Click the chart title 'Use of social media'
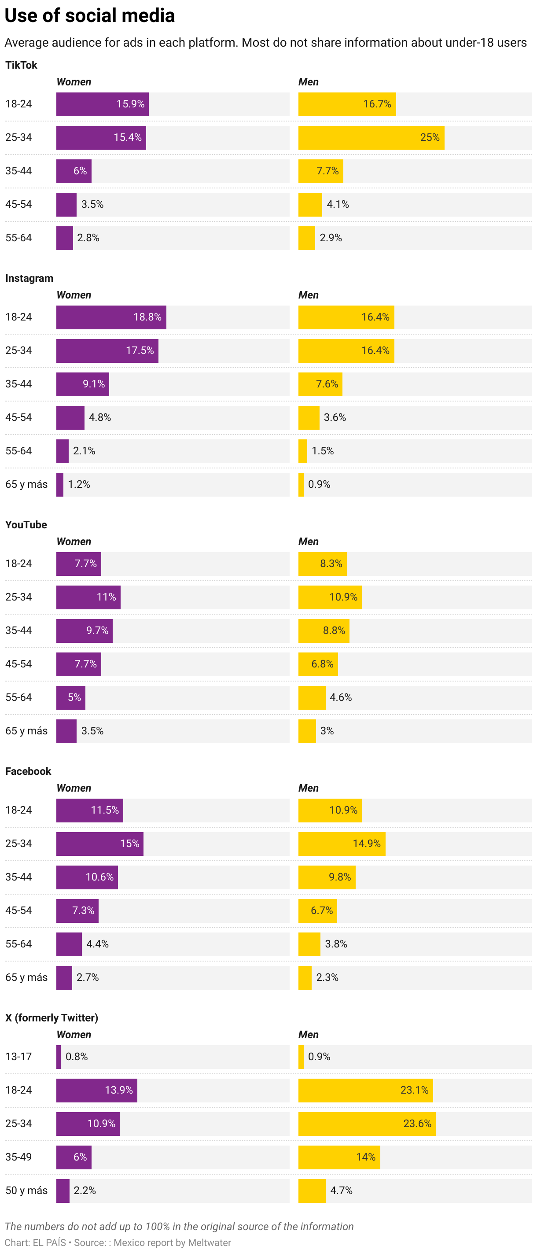click(89, 15)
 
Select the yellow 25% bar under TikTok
click(371, 138)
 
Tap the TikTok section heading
click(22, 65)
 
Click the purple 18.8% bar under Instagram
click(111, 317)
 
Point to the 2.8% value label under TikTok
click(88, 238)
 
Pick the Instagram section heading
click(29, 278)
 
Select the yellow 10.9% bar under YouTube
click(330, 597)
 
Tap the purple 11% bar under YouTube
click(88, 597)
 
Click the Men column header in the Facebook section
click(309, 788)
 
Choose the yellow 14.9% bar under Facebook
click(342, 844)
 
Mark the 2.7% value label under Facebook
click(88, 977)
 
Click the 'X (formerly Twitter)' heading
click(51, 1017)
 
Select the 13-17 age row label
click(18, 1057)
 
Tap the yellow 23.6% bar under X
click(367, 1124)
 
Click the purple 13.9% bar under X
click(96, 1090)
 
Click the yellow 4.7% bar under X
click(312, 1191)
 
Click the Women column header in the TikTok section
click(74, 82)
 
